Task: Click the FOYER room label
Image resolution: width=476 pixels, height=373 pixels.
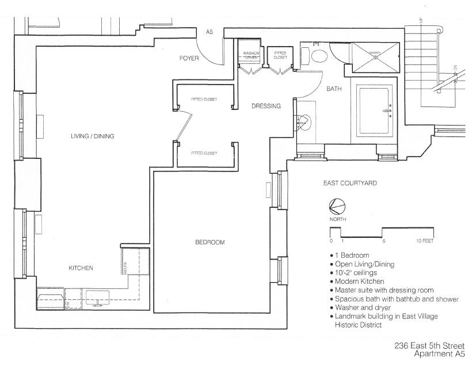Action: pyautogui.click(x=189, y=58)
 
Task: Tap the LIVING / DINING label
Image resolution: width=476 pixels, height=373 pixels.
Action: pyautogui.click(x=92, y=136)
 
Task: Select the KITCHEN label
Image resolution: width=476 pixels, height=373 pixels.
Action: pyautogui.click(x=81, y=268)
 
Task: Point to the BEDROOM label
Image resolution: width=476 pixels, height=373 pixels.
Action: pyautogui.click(x=210, y=242)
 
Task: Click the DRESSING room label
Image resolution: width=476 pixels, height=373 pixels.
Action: pyautogui.click(x=266, y=106)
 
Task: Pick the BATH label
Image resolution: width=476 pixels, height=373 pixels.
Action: pyautogui.click(x=334, y=89)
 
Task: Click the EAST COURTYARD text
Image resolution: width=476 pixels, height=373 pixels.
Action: pyautogui.click(x=350, y=183)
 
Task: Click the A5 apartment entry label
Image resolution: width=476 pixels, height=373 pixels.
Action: pyautogui.click(x=210, y=32)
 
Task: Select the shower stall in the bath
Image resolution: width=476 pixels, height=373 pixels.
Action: pyautogui.click(x=375, y=57)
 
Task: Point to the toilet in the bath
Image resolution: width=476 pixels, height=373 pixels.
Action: pyautogui.click(x=319, y=56)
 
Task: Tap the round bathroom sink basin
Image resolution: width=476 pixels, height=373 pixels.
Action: pyautogui.click(x=304, y=121)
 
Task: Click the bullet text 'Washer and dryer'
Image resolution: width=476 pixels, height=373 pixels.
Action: pyautogui.click(x=360, y=308)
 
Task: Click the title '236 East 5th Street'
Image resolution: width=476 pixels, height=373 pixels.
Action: pyautogui.click(x=429, y=346)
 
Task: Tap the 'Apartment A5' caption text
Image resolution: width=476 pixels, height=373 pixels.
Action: pyautogui.click(x=439, y=354)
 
